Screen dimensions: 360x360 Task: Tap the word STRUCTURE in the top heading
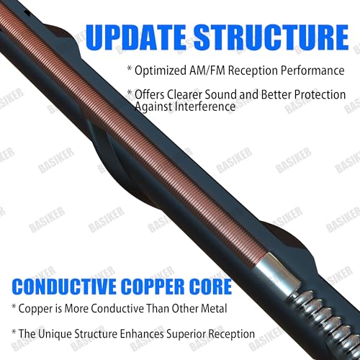(x=271, y=37)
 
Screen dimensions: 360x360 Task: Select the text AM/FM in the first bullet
(x=207, y=71)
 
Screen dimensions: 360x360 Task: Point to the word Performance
(x=312, y=71)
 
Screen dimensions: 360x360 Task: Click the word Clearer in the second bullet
(x=184, y=94)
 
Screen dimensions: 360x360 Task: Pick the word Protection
(x=320, y=95)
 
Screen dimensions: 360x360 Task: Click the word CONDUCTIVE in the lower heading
(x=64, y=287)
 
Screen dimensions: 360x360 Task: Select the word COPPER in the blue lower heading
(x=155, y=287)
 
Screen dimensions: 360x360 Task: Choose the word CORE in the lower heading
(x=212, y=287)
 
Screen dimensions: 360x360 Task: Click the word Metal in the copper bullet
(x=214, y=308)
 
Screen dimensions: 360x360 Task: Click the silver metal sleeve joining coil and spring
(x=276, y=269)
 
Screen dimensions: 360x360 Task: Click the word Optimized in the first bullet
(x=161, y=71)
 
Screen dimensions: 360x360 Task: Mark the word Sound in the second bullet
(x=220, y=94)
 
